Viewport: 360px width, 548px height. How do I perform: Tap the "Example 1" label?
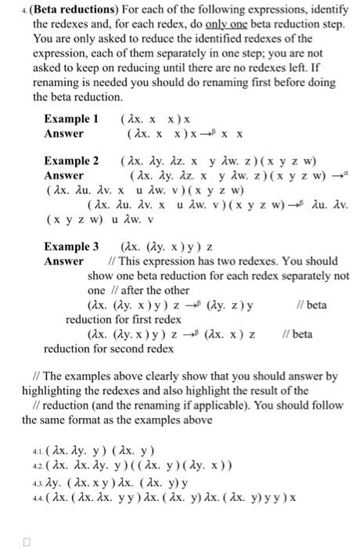coord(70,119)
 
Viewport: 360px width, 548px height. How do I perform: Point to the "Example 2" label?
coord(70,161)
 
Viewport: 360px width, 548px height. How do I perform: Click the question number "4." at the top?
coord(25,11)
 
